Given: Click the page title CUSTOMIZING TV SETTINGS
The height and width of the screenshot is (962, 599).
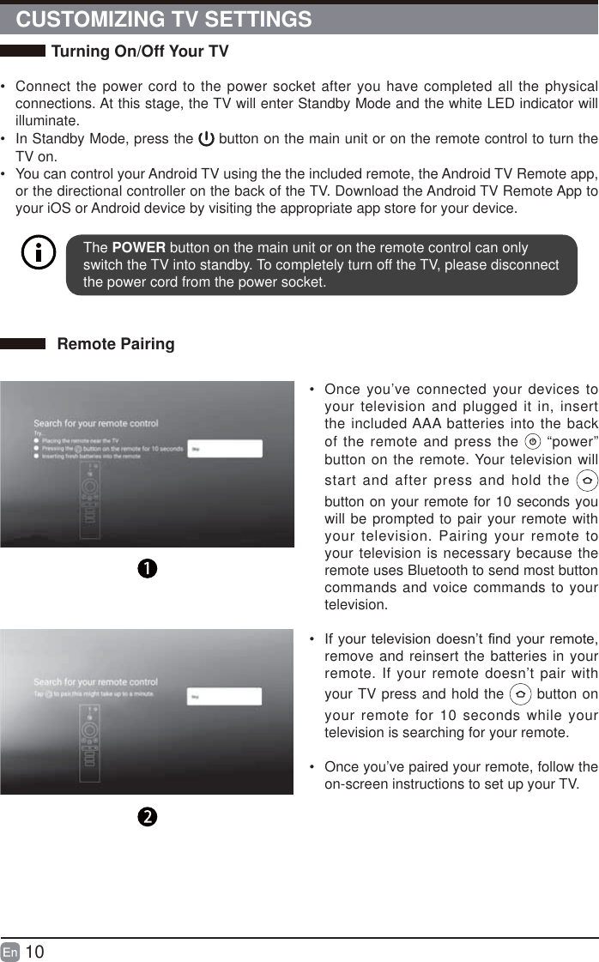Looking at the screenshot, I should pyautogui.click(x=164, y=19).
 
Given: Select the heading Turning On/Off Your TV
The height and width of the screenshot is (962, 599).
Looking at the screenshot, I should pyautogui.click(x=140, y=51).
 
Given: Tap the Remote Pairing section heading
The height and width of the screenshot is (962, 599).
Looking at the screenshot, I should pyautogui.click(x=115, y=344).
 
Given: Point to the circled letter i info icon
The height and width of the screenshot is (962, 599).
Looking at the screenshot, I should pyautogui.click(x=38, y=254).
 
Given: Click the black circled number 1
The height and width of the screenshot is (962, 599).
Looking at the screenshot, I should pyautogui.click(x=147, y=569).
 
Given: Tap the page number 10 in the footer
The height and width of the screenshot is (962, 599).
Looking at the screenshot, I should pyautogui.click(x=34, y=952).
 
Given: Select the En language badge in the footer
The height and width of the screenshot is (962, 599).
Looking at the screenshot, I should pyautogui.click(x=10, y=953).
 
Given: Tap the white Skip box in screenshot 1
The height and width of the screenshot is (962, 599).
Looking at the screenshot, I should pyautogui.click(x=225, y=449).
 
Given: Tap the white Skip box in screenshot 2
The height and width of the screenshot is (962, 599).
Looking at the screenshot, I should pyautogui.click(x=225, y=697).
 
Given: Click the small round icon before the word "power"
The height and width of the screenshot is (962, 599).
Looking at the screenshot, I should pyautogui.click(x=532, y=443).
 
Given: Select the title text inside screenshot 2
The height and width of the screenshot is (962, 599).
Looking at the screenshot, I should pyautogui.click(x=95, y=681).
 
